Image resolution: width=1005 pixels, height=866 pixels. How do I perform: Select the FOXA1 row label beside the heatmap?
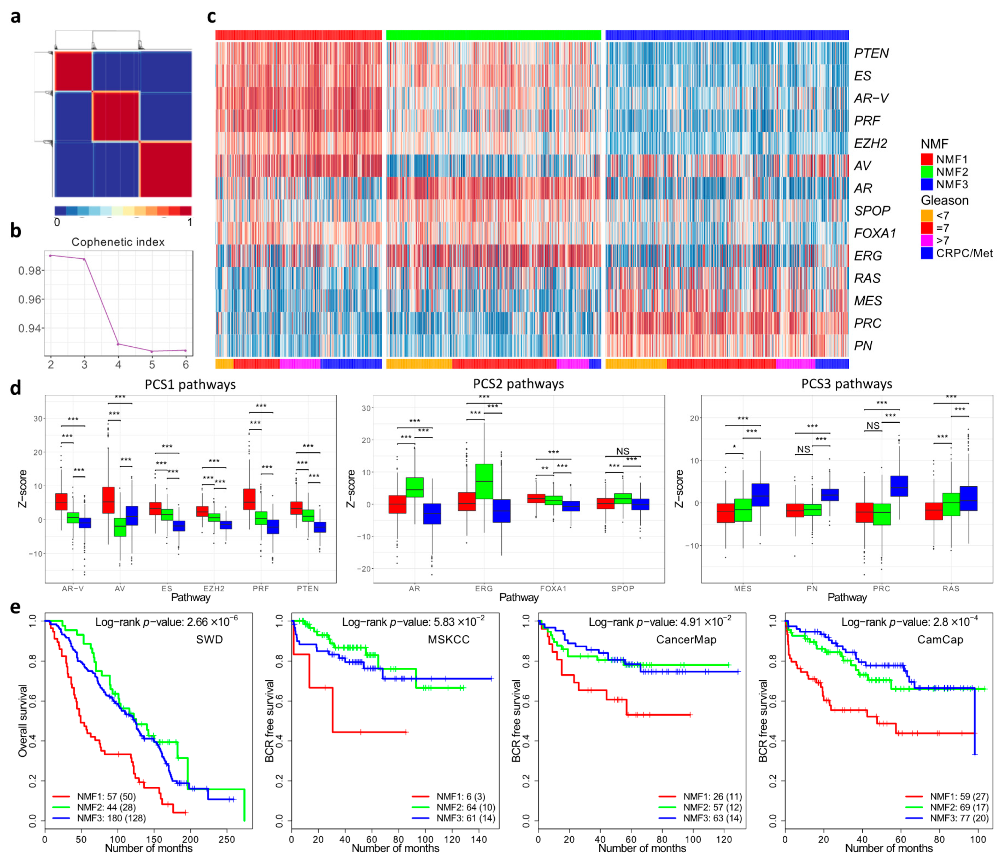coord(874,234)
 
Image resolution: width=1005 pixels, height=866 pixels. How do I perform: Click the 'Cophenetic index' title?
coord(118,242)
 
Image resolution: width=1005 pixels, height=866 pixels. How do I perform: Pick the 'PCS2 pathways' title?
coord(518,384)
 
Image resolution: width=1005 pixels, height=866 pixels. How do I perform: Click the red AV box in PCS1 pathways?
coord(108,499)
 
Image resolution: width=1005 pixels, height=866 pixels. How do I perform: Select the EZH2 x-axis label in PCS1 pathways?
coord(214,588)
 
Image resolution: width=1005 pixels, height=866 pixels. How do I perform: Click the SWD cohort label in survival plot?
coord(209,639)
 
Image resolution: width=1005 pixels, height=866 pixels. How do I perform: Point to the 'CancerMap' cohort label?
coord(686,639)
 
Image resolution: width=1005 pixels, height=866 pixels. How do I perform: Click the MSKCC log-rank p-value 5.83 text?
coord(413,622)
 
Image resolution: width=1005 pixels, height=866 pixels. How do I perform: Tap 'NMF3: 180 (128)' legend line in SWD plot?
coord(111,818)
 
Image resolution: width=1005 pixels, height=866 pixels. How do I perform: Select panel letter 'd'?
coord(16,388)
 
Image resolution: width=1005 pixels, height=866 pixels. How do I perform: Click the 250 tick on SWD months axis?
coord(226,839)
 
